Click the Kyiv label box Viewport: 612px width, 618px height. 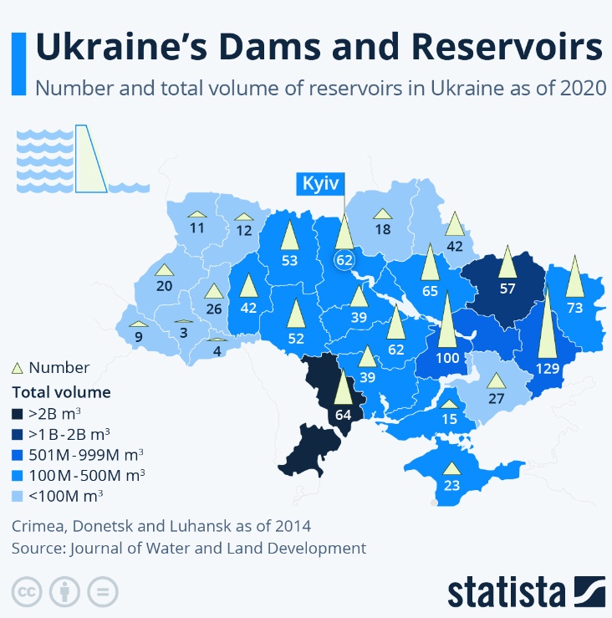pyautogui.click(x=319, y=183)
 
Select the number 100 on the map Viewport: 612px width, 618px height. pyautogui.click(x=447, y=358)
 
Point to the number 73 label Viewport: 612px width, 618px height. pyautogui.click(x=574, y=308)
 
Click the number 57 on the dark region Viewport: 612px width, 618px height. pyautogui.click(x=507, y=289)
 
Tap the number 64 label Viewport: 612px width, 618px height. pyautogui.click(x=343, y=413)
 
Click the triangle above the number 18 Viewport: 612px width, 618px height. pyautogui.click(x=383, y=214)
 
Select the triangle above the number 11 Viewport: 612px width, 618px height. pyautogui.click(x=197, y=214)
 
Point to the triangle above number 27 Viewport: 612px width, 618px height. pyautogui.click(x=497, y=380)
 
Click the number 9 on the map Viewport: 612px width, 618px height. pyautogui.click(x=138, y=336)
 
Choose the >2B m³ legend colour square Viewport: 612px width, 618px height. pyautogui.click(x=17, y=413)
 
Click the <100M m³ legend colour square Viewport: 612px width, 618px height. pyautogui.click(x=17, y=496)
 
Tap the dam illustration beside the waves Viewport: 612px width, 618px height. pyautogui.click(x=89, y=159)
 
